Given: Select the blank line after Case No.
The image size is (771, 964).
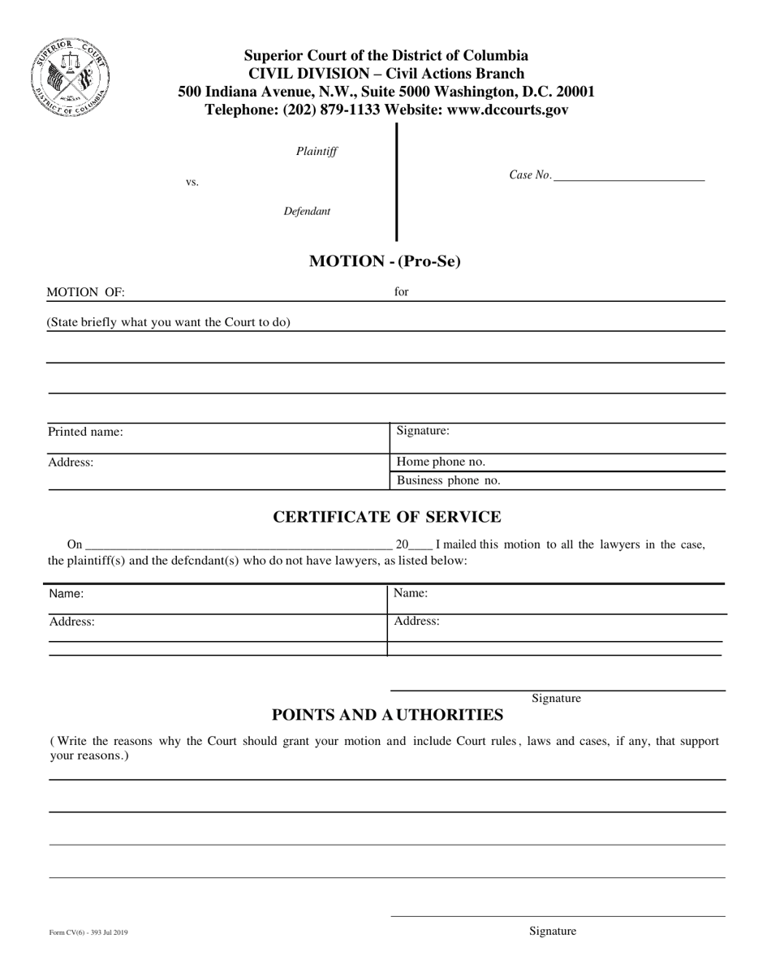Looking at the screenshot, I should coord(629,175).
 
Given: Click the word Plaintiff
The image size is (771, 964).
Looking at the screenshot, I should coord(317,152).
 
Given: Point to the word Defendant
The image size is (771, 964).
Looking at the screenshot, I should coord(307,212).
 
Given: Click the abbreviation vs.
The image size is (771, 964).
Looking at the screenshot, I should coord(192,183).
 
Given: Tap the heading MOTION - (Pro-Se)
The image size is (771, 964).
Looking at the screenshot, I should coord(385,261).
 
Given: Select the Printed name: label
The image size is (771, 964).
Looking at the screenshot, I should coord(85,433).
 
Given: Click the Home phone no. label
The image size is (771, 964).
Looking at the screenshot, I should coord(441,462).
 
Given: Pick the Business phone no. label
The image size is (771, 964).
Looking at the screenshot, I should coord(448,480).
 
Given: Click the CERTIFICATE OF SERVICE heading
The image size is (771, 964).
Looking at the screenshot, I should coord(386,516).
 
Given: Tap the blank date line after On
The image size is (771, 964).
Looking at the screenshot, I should coord(238,545).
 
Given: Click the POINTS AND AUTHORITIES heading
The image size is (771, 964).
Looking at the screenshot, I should coord(386,715).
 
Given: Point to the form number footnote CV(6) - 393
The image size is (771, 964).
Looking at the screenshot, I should coord(88,934).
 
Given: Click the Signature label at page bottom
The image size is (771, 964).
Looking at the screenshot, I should coord(553,932).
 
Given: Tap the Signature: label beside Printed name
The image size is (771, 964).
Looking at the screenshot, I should coord(423,431).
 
